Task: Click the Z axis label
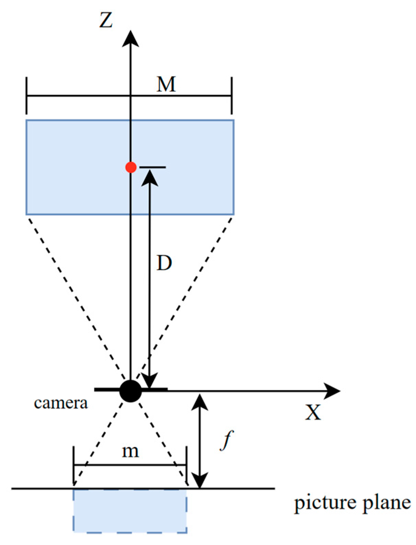[x=106, y=20]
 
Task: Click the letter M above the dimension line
[x=166, y=84]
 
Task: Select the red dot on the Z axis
[x=131, y=167]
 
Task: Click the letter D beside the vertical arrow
[x=164, y=263]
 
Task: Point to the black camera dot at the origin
[x=131, y=391]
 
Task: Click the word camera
[x=61, y=403]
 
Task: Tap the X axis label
[x=313, y=413]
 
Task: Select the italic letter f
[x=227, y=440]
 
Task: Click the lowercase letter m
[x=131, y=451]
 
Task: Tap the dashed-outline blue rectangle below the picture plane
[x=130, y=511]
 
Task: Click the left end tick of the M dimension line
[x=27, y=95]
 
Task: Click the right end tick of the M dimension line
[x=232, y=95]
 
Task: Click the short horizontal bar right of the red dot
[x=153, y=167]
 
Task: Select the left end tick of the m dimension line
[x=74, y=465]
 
